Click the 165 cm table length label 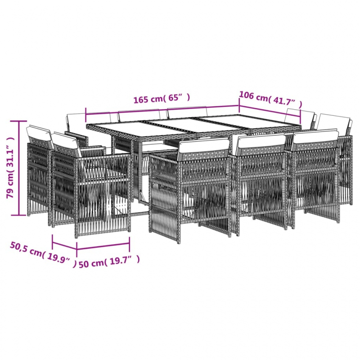tap(162, 98)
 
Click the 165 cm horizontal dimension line tap(162, 107)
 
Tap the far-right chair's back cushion tap(333, 121)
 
